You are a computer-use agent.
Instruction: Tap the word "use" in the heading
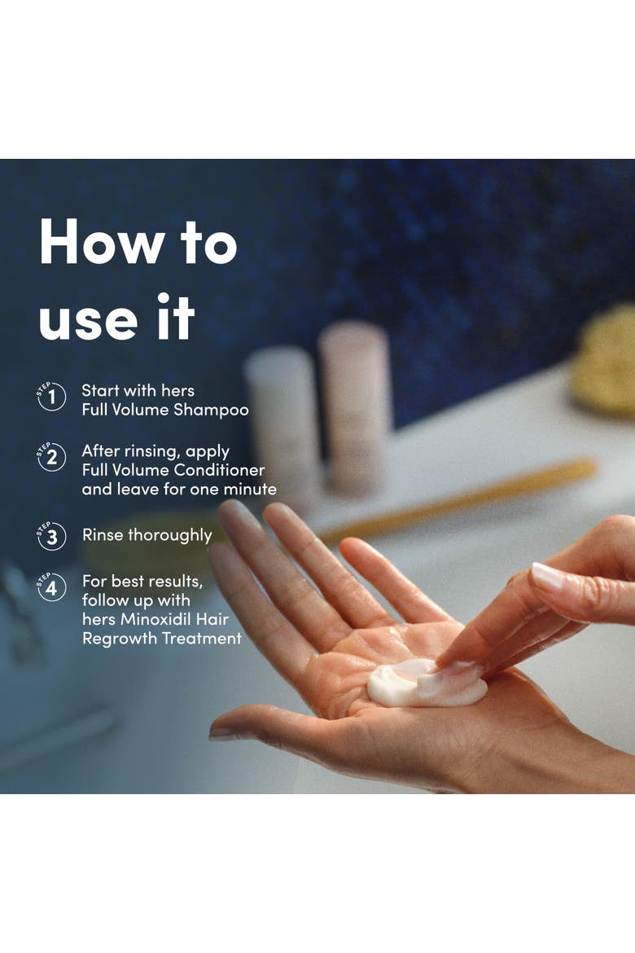[88, 319]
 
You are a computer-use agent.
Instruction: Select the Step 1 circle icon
[51, 397]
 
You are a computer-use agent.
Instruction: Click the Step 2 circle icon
[51, 457]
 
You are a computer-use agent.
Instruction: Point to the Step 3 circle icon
[51, 536]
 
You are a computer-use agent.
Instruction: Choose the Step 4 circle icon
[51, 587]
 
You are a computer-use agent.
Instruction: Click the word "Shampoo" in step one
[211, 411]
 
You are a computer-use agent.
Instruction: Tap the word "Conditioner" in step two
[219, 470]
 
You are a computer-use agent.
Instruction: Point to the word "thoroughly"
[170, 535]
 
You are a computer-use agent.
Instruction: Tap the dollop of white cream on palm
[425, 683]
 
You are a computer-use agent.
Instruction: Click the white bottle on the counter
[282, 419]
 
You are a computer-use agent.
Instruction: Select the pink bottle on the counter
[356, 404]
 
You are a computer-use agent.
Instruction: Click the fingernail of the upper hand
[547, 576]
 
